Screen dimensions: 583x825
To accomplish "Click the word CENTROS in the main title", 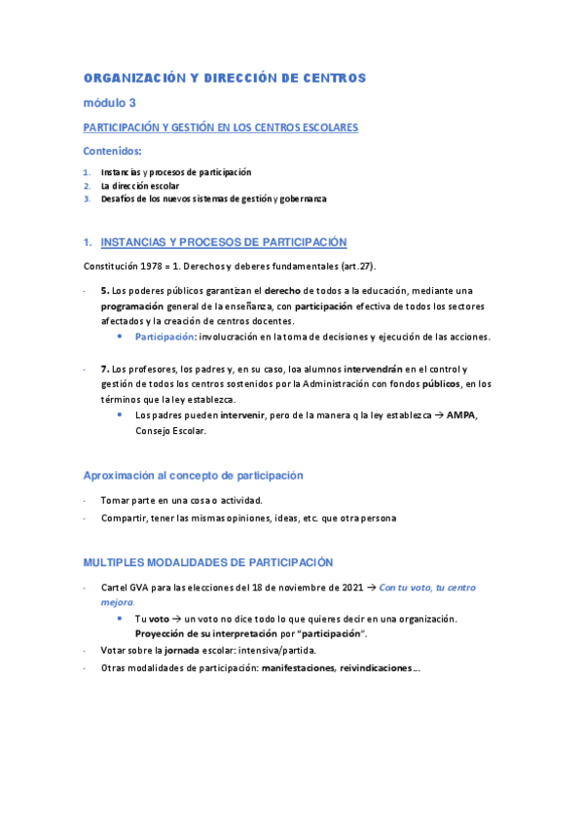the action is (x=334, y=77).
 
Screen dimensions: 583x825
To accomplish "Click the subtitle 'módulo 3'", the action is (x=109, y=102).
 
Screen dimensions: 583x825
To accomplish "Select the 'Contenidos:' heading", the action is (x=112, y=151).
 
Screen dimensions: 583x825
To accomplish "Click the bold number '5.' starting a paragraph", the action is (x=105, y=291).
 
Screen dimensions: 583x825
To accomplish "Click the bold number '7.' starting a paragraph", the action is (x=105, y=369).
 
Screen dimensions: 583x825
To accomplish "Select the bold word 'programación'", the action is (x=132, y=306).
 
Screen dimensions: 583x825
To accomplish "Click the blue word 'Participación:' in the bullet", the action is (x=165, y=337).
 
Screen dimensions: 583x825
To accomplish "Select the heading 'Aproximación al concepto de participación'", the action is (x=193, y=476).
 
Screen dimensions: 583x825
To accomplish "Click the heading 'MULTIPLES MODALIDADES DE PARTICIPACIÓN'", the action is (x=208, y=562).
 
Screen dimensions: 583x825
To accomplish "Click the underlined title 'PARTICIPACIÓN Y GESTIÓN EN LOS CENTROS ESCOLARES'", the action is (x=221, y=127).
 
